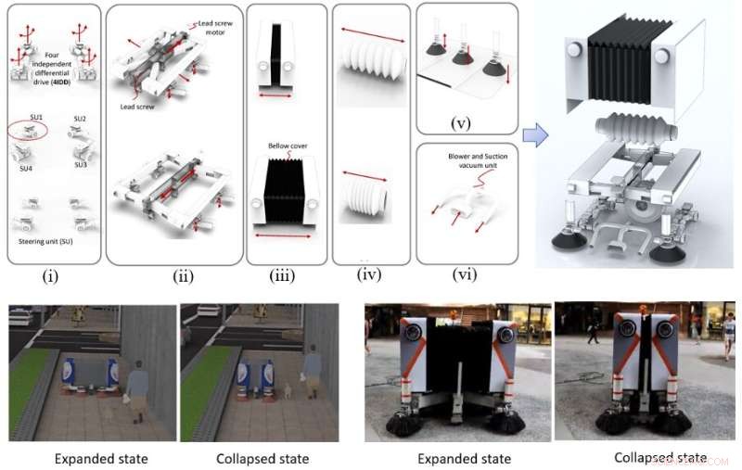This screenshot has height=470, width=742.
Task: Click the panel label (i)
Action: click(x=49, y=274)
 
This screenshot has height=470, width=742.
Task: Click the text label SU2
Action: click(x=79, y=120)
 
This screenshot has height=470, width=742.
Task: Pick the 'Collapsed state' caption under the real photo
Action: click(x=660, y=458)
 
